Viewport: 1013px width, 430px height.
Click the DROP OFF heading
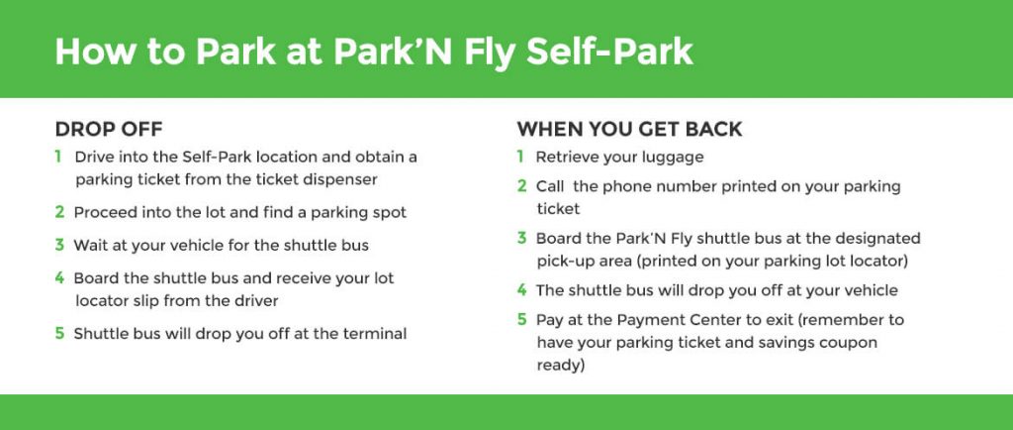coord(109,130)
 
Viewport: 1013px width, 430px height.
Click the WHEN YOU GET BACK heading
coord(629,130)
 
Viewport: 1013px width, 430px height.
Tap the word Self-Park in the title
coord(609,52)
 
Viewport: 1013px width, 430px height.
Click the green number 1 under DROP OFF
coord(58,157)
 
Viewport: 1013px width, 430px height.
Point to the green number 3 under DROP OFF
coord(59,245)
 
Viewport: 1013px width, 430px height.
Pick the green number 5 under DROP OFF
coord(59,334)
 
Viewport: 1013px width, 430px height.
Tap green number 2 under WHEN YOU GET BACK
coord(522,186)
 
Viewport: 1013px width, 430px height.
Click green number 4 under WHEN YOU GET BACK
coord(522,289)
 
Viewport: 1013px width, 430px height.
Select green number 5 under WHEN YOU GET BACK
coord(522,319)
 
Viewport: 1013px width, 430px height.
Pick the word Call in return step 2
coord(549,186)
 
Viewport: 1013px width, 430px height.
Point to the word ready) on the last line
coord(561,366)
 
